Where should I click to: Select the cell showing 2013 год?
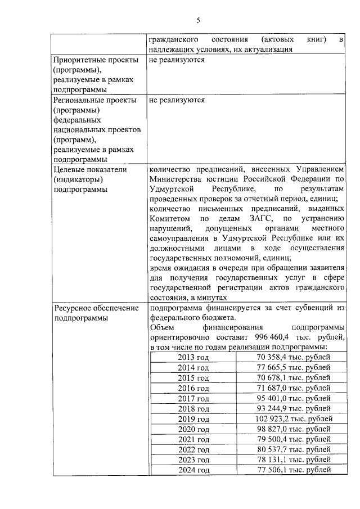pos(193,358)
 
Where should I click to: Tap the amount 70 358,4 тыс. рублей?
pos(293,358)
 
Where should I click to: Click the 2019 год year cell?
pos(193,419)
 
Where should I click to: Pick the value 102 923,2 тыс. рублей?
pos(293,419)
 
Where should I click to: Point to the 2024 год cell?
pos(193,470)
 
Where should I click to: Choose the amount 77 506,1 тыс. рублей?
pos(293,470)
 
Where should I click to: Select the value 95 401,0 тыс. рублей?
pos(293,399)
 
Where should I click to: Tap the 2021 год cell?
pos(193,439)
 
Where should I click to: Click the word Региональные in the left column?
pos(79,100)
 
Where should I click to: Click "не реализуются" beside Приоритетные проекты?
pos(177,60)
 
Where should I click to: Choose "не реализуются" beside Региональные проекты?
pos(177,100)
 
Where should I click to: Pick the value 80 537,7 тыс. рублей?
pos(293,450)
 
